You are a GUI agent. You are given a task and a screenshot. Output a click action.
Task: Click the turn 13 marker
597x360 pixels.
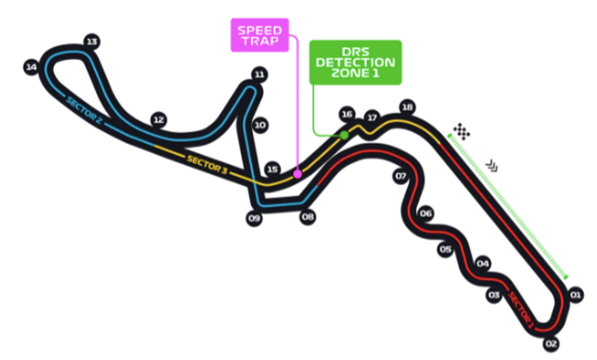[92, 41]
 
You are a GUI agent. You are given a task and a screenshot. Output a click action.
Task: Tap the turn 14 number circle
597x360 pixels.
[31, 67]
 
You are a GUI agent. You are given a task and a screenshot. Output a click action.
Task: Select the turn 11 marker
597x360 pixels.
[260, 74]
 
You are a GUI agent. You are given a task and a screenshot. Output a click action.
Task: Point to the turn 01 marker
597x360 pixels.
[575, 295]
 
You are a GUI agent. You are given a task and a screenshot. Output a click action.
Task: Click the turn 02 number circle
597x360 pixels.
[551, 344]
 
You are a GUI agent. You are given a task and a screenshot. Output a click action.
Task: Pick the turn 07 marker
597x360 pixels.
[400, 176]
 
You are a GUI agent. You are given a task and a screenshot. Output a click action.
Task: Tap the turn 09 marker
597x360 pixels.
[254, 218]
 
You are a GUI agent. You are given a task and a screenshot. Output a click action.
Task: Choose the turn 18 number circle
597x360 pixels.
[407, 107]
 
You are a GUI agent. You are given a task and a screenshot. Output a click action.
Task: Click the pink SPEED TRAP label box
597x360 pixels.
[260, 35]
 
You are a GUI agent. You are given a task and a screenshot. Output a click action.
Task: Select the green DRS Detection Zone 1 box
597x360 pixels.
[355, 62]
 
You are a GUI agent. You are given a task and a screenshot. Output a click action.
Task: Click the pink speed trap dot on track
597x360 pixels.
[297, 174]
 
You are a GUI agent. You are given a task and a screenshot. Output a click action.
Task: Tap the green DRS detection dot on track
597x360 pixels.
[344, 135]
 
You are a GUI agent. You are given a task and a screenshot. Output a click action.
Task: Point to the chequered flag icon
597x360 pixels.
[461, 131]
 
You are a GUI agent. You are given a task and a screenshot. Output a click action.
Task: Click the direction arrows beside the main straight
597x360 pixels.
[492, 165]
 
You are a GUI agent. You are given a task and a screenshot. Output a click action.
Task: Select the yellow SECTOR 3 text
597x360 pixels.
[207, 165]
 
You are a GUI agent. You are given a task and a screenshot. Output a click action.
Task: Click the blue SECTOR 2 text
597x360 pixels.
[84, 111]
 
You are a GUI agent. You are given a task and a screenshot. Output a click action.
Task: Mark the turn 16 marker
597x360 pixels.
[346, 114]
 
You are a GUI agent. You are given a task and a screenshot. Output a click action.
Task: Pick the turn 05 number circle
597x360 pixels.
[445, 249]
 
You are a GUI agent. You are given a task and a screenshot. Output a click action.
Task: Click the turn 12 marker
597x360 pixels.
[158, 120]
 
